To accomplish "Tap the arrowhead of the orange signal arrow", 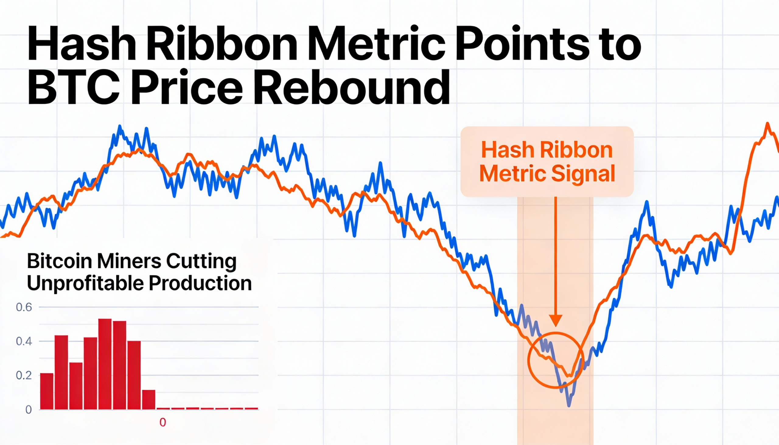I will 556,321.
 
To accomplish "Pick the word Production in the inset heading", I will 200,283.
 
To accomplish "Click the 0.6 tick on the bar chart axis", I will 24,307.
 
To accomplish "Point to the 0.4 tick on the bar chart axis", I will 24,341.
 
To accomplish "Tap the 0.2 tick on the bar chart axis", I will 24,375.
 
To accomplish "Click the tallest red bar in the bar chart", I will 105,364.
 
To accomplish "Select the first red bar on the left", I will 47,391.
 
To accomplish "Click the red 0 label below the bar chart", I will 163,423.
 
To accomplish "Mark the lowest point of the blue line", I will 569,405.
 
